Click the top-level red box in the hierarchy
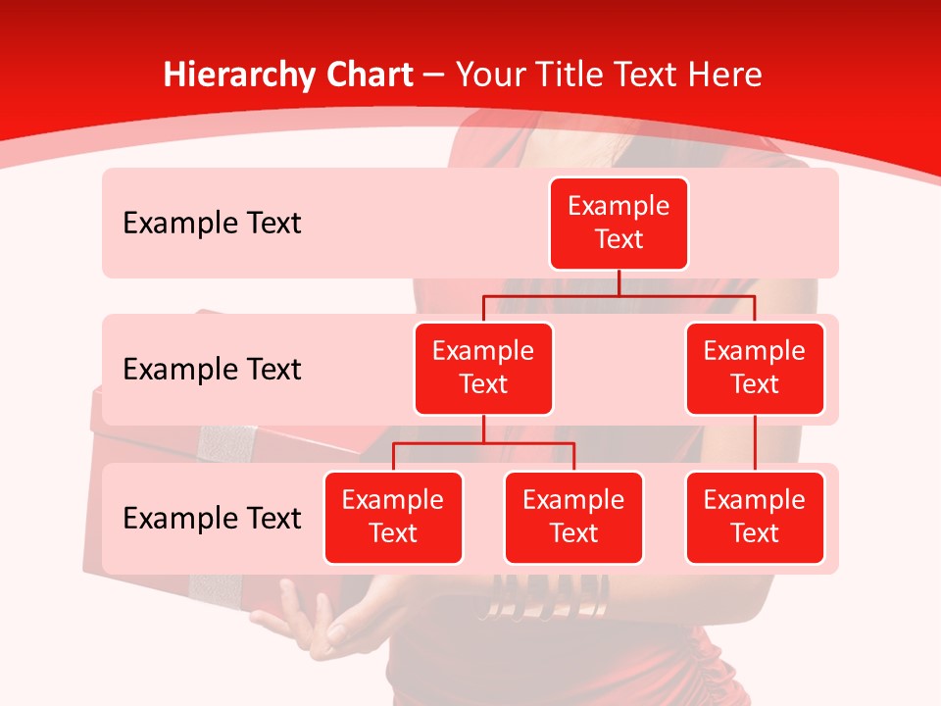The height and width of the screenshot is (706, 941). [619, 224]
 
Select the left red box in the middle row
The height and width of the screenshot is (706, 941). [483, 369]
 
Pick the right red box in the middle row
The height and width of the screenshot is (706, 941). [755, 369]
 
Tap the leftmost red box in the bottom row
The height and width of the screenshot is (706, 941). [393, 518]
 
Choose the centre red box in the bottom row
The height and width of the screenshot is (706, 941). [573, 518]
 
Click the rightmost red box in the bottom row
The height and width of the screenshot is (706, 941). [755, 518]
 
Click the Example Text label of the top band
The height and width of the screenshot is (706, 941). [212, 224]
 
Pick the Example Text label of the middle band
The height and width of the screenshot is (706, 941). [212, 370]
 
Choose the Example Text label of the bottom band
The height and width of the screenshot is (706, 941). [212, 518]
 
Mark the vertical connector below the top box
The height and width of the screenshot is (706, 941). [619, 282]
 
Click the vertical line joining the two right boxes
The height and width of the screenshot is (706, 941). [755, 443]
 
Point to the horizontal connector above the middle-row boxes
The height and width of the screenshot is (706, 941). [619, 295]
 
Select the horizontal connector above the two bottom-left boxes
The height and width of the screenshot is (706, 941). [483, 443]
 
